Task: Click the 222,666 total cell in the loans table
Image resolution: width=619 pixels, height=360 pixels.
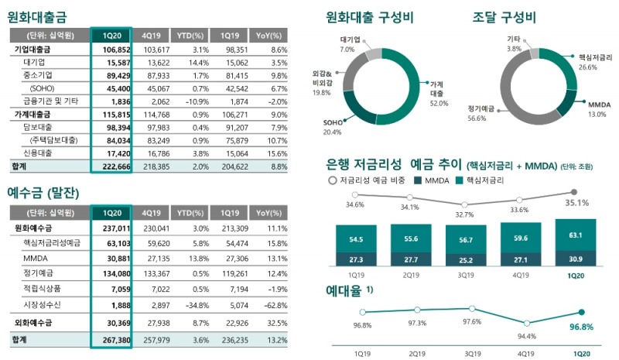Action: click(114, 166)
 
